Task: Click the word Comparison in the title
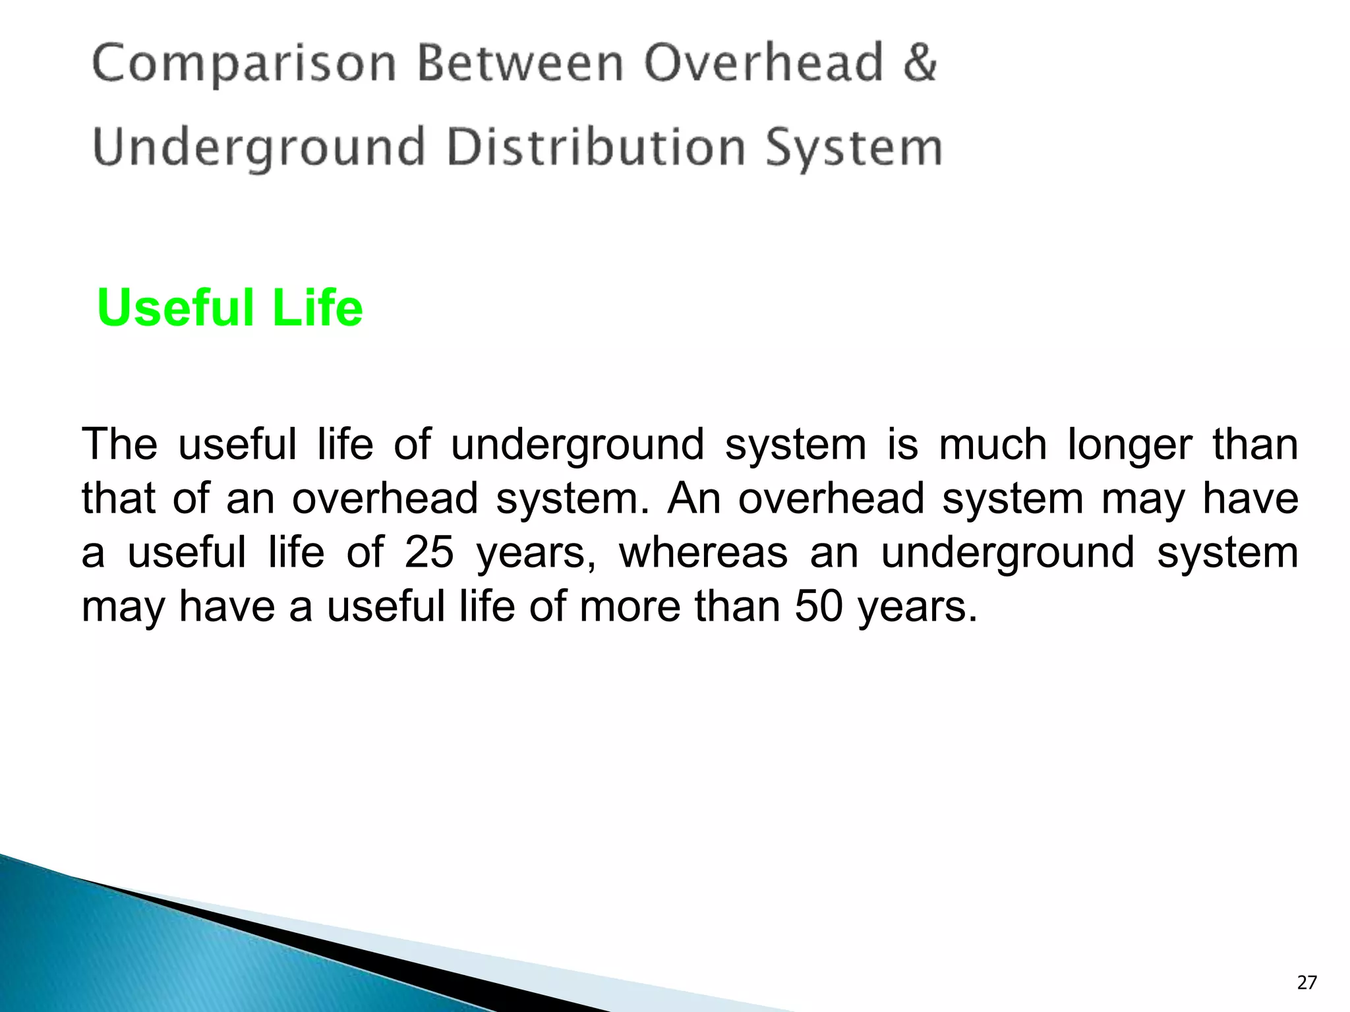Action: [x=244, y=65]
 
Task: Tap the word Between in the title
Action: [x=520, y=63]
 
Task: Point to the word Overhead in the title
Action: [x=763, y=63]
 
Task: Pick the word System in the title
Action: [x=854, y=148]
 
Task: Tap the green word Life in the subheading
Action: [x=317, y=308]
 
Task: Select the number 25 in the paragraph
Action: [x=429, y=552]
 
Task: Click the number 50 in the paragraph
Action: [x=819, y=606]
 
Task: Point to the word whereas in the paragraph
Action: [x=703, y=552]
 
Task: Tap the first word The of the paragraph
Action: [x=119, y=444]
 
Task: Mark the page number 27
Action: [x=1306, y=983]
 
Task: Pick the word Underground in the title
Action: [x=259, y=148]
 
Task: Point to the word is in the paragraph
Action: [x=902, y=444]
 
